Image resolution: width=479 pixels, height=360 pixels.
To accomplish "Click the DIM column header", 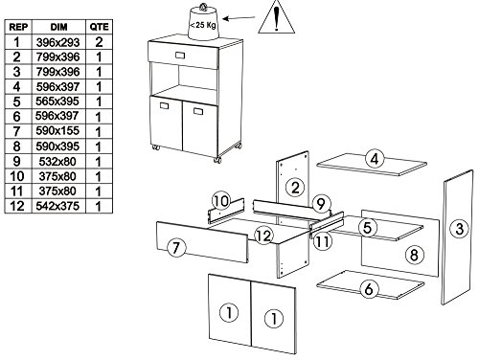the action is point(58,27).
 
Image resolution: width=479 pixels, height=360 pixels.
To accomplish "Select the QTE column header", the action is point(99,27).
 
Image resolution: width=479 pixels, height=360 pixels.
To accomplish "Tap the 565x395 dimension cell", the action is point(57,101).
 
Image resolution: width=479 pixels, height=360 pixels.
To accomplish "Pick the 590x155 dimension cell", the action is point(57,131).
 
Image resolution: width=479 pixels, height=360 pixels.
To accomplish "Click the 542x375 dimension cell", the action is point(57,206).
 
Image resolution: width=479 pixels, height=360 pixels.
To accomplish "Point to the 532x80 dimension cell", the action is point(57,162).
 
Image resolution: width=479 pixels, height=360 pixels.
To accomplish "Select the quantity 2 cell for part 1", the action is point(99,42).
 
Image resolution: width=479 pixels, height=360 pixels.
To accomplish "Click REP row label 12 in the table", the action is point(17,206).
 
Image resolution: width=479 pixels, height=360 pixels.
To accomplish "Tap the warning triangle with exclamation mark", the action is point(276,16).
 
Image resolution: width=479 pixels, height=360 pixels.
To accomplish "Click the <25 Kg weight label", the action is point(203,25).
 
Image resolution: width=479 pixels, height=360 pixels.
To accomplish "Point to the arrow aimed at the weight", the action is point(239,18).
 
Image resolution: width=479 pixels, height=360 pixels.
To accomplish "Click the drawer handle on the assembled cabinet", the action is point(180,56).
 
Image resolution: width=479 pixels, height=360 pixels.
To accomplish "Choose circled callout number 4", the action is point(375,159).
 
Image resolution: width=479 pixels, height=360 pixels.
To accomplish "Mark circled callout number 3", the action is point(459,229).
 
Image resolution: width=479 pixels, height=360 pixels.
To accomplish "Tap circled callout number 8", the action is point(414,255).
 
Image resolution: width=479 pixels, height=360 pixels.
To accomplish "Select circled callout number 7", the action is point(176,248).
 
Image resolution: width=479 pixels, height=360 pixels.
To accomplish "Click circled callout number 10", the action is point(221,201).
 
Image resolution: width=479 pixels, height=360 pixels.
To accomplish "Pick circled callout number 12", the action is point(263,236).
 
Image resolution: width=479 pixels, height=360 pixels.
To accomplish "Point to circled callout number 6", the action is point(369,289).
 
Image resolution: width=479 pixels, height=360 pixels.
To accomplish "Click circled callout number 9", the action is point(321,204).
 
